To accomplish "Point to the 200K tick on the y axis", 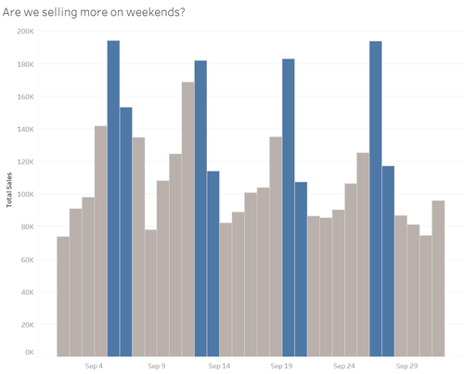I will tap(25, 31).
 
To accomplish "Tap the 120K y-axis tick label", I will tap(25, 161).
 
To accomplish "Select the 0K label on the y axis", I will tap(29, 353).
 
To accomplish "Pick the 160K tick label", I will tap(25, 97).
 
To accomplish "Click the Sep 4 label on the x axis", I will tap(94, 367).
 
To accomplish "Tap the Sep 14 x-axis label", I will tap(219, 367).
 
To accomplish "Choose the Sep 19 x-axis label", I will tap(281, 367).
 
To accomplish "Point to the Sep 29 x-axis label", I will tap(406, 367).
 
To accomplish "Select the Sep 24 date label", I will tap(344, 367).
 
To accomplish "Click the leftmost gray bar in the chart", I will tap(63, 297).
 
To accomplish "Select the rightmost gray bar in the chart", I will tap(438, 278).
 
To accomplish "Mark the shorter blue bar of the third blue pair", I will tap(301, 269).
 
